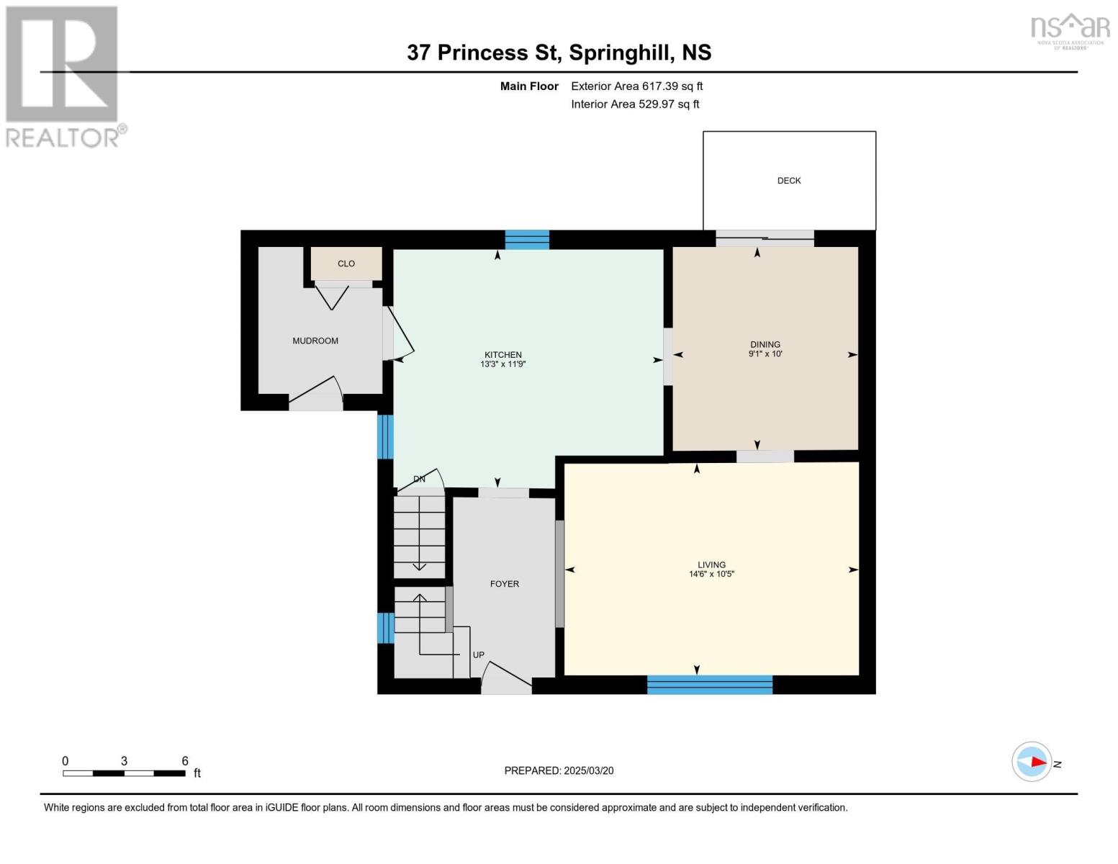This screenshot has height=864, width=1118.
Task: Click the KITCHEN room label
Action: click(x=502, y=354)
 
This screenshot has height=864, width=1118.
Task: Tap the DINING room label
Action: click(x=765, y=344)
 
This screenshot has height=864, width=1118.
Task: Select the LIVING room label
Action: click(x=711, y=564)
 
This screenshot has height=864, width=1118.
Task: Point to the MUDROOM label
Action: click(x=315, y=341)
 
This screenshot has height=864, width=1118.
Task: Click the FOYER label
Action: click(x=504, y=584)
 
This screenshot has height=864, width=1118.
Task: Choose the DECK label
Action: click(x=789, y=181)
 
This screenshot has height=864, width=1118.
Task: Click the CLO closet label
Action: click(x=346, y=264)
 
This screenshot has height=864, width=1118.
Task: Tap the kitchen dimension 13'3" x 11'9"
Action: click(x=502, y=364)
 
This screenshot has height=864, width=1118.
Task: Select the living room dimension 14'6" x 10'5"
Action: click(x=711, y=575)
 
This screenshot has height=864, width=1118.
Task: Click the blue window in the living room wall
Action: click(x=710, y=685)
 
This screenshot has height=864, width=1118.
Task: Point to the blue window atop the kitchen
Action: click(x=527, y=240)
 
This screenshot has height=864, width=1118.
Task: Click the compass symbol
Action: click(x=1032, y=762)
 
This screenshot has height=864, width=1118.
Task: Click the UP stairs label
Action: click(x=479, y=655)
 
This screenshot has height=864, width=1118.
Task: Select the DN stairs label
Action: click(x=419, y=479)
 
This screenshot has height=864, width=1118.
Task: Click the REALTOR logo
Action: click(x=63, y=76)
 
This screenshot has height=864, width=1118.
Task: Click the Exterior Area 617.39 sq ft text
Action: click(x=636, y=86)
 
